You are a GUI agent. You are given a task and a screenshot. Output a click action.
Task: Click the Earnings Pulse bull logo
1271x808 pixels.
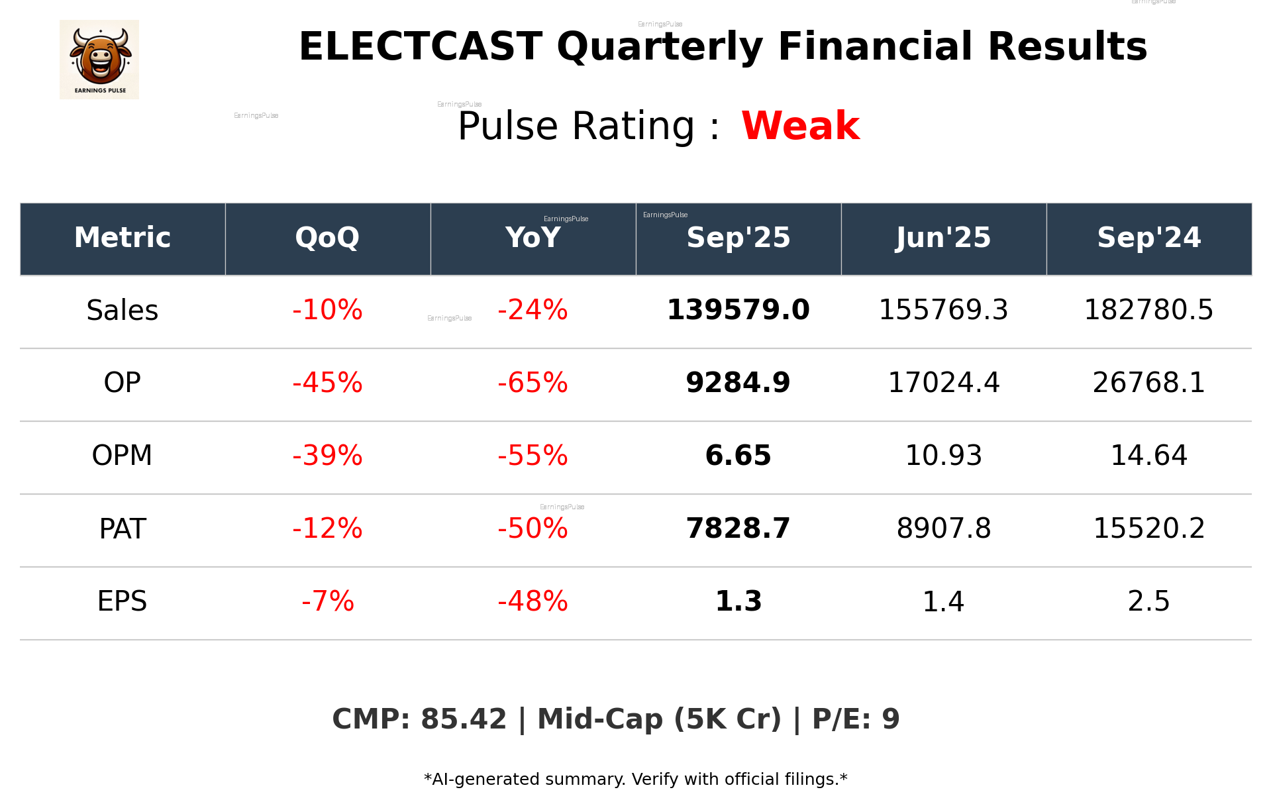point(99,60)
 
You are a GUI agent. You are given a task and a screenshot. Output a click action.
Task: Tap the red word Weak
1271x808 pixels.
point(800,126)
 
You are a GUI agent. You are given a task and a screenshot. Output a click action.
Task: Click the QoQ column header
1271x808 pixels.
point(327,238)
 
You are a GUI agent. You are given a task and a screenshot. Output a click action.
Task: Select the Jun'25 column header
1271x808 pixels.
point(943,238)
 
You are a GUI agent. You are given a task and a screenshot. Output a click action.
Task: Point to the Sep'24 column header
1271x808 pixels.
point(1148,238)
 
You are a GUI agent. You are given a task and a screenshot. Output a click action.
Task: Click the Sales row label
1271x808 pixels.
point(123,311)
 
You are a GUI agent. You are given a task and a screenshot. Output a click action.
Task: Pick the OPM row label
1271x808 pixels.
point(123,456)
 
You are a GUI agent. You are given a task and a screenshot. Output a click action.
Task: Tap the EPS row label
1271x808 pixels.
point(123,601)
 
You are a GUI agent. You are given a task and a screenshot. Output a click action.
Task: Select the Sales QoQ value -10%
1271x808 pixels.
point(327,311)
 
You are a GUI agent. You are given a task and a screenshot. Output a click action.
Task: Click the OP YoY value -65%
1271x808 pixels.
point(533,383)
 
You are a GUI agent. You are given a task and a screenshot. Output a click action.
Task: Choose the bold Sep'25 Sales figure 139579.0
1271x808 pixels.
point(738,311)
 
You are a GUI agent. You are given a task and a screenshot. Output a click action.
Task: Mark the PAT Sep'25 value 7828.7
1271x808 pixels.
point(738,529)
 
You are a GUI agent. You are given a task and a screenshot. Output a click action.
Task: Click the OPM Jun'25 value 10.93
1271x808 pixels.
point(943,456)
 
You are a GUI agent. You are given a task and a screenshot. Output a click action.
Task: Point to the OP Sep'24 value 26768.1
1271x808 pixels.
point(1148,383)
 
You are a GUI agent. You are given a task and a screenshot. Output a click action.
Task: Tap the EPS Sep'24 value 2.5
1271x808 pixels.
point(1148,601)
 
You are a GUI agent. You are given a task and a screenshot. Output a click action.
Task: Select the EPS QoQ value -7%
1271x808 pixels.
point(327,601)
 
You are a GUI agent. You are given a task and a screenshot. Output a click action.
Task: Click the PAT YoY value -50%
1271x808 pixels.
point(533,529)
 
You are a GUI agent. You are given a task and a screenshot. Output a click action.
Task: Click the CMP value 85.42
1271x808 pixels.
point(463,719)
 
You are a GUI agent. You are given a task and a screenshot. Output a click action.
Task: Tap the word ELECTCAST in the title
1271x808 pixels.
point(421,47)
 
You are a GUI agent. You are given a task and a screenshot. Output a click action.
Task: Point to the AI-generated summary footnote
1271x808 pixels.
point(635,780)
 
